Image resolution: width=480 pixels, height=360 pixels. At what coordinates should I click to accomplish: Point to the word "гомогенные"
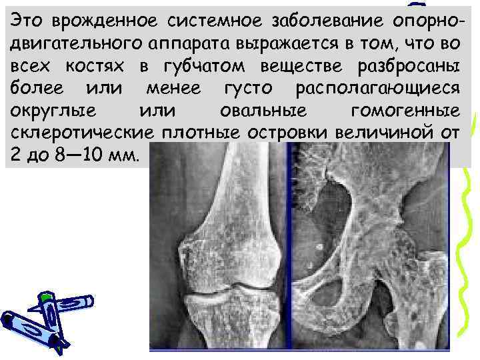point(407,111)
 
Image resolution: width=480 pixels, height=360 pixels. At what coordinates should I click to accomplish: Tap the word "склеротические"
point(80,133)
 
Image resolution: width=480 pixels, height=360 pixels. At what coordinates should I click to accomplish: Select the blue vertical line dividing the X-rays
point(289,253)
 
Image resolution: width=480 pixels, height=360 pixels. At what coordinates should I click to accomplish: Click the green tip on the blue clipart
point(45,295)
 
